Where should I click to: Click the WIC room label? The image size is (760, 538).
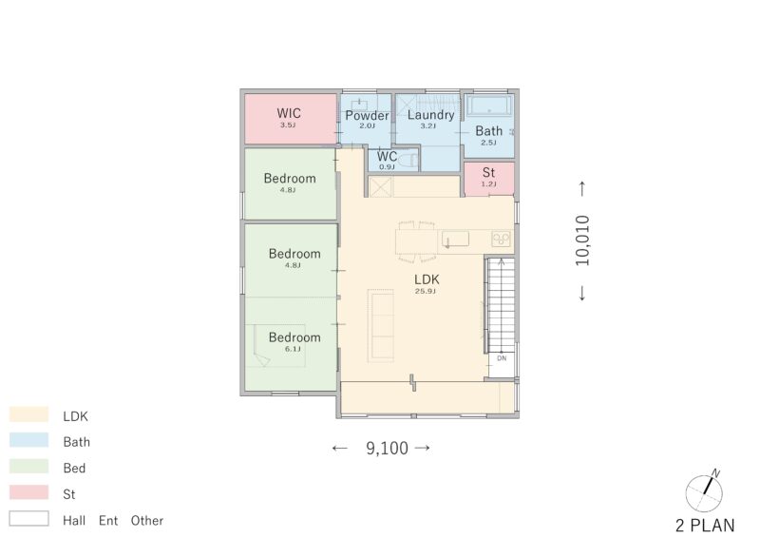point(289,113)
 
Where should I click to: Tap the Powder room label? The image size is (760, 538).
point(367,115)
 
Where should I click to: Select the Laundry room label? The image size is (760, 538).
point(430,115)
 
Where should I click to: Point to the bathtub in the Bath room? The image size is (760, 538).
point(489,105)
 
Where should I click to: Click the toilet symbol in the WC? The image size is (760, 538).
point(409,159)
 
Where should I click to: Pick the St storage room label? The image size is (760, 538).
point(488,172)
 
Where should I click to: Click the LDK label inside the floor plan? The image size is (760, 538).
point(427,279)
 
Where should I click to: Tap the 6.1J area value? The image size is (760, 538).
point(293,349)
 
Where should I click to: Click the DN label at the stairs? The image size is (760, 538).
point(502,358)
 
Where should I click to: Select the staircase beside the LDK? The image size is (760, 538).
point(501,305)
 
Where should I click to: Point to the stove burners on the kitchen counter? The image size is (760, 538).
point(502,239)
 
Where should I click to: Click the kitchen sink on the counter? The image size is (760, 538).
point(456,240)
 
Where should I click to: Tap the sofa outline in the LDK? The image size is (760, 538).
point(381,325)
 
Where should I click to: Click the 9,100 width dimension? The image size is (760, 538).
point(387,449)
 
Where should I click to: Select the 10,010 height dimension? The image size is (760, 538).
point(582,240)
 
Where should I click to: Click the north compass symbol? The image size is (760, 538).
point(705,491)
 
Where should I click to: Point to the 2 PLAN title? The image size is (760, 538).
point(705,526)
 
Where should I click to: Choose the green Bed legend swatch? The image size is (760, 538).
point(29,466)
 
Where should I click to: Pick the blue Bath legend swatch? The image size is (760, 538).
point(29,440)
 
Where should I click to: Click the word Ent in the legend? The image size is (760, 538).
point(108,521)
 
